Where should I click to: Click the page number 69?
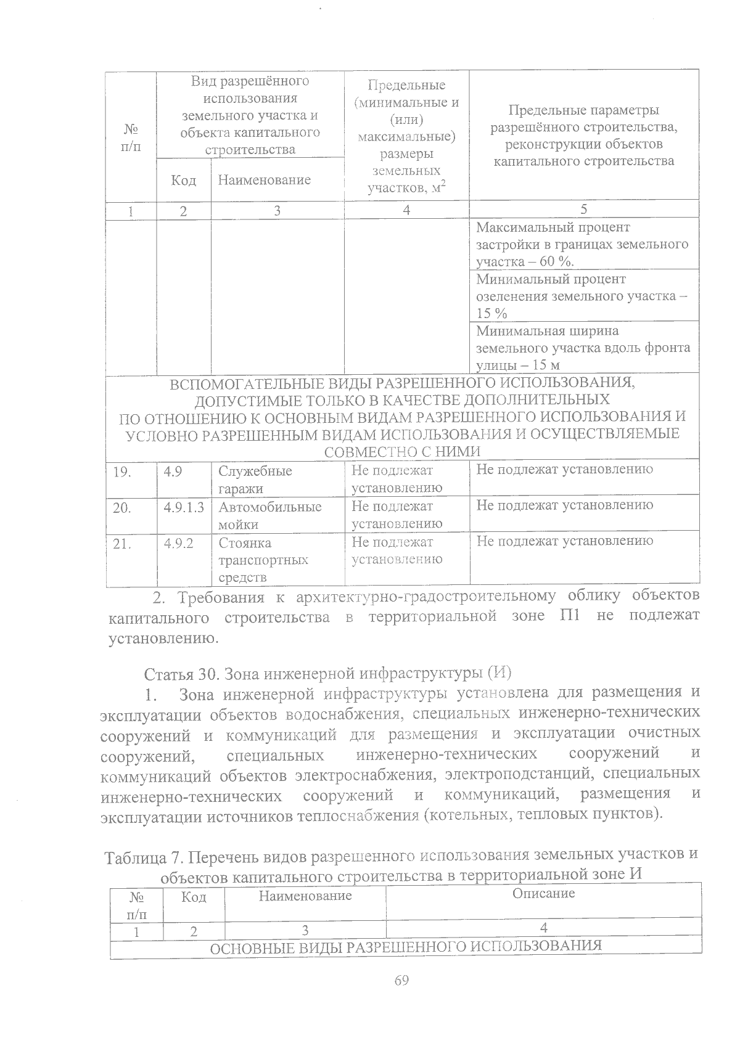click(401, 981)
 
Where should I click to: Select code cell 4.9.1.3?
click(184, 507)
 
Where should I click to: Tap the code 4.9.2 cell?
click(179, 543)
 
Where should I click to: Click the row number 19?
click(123, 472)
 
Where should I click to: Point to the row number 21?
click(123, 544)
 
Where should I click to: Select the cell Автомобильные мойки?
click(270, 515)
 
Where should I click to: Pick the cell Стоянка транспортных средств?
click(263, 560)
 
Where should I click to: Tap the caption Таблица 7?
click(144, 857)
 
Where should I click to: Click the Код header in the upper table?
click(183, 180)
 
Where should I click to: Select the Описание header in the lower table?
click(543, 893)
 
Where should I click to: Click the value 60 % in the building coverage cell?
click(555, 261)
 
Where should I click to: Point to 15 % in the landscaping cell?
click(491, 313)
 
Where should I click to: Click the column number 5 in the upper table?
click(583, 209)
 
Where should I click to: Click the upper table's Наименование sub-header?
click(264, 180)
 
